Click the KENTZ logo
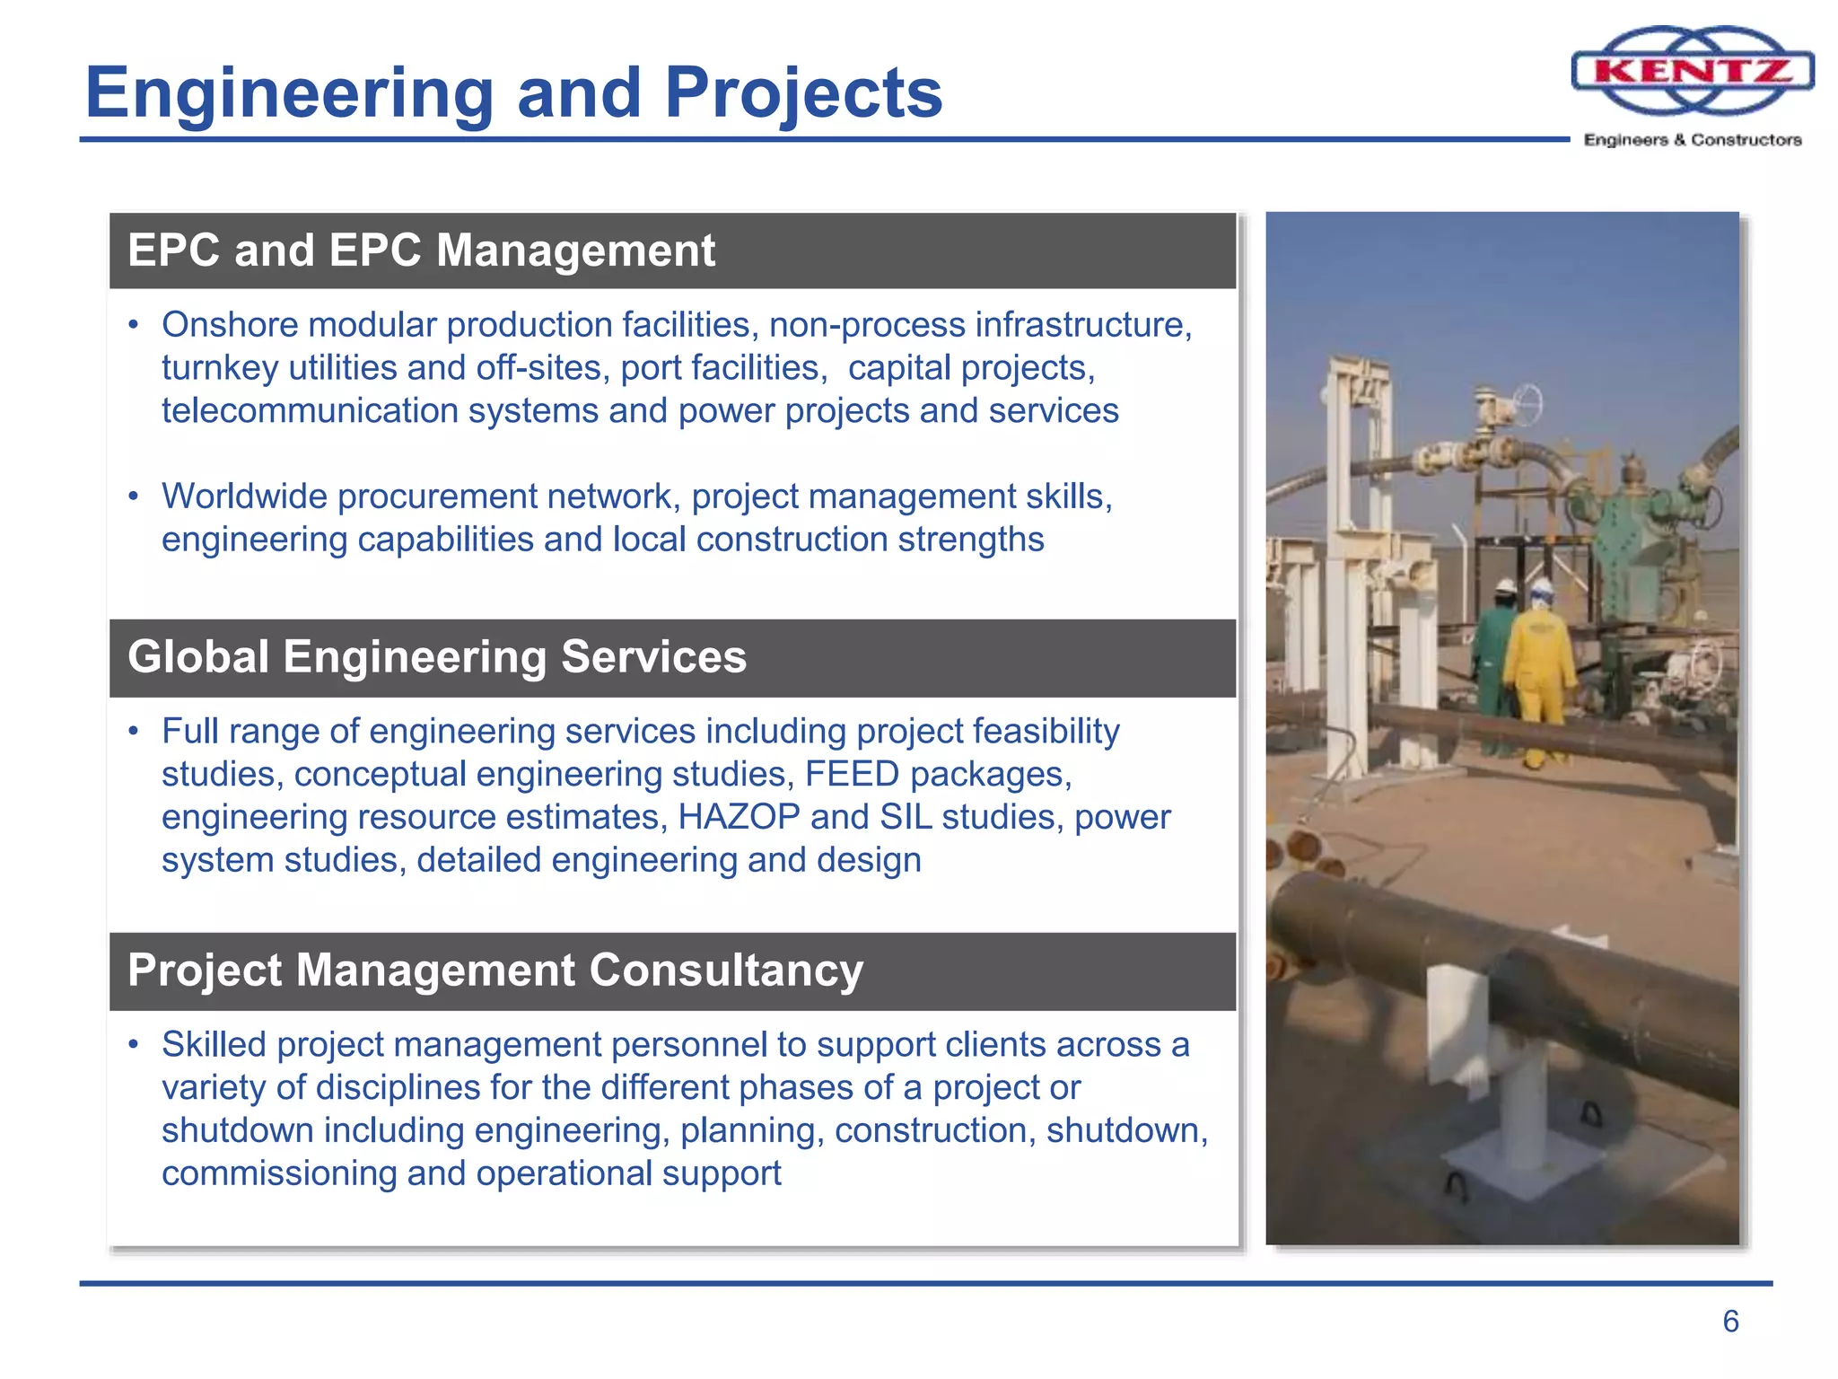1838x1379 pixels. pos(1693,70)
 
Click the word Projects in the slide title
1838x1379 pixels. pos(803,92)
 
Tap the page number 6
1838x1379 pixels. pos(1730,1321)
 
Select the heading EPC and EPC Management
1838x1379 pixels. pos(421,250)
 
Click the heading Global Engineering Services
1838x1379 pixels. pos(436,657)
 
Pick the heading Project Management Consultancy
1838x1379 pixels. pos(495,971)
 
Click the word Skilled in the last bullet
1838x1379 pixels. pos(214,1045)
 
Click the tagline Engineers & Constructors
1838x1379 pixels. pos(1693,140)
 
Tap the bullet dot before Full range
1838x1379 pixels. pos(134,732)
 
